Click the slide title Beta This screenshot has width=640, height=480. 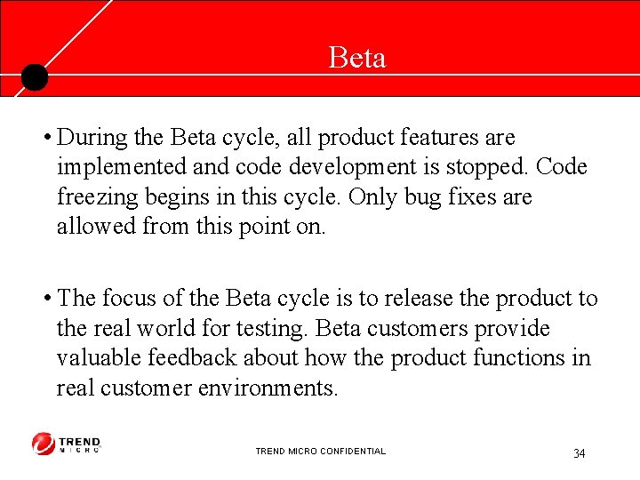coord(356,58)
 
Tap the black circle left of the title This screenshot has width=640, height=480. coord(34,77)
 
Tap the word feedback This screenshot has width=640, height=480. coord(206,357)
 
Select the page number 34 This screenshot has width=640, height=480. coord(579,454)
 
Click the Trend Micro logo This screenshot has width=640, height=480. coord(67,444)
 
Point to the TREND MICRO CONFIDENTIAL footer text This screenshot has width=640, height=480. coord(320,452)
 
